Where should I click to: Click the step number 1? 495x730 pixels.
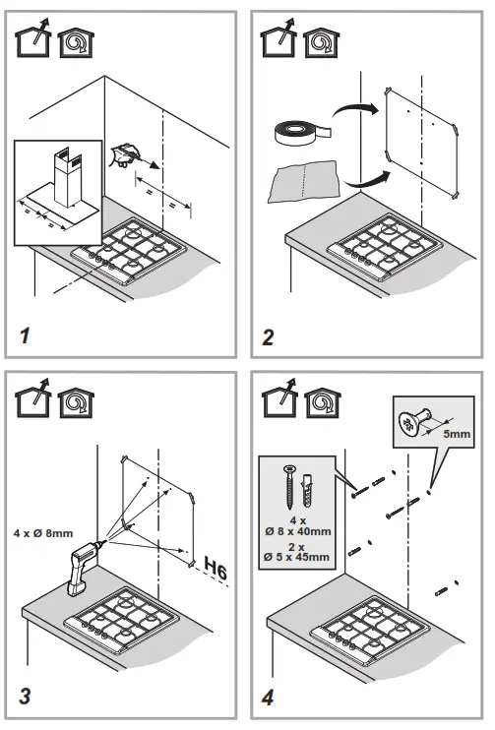tap(26, 335)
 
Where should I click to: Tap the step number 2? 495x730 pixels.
tap(269, 337)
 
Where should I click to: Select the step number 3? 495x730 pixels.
tap(26, 696)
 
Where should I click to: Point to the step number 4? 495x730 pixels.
tap(269, 698)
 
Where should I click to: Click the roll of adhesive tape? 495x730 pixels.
tap(303, 132)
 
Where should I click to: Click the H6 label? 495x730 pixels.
tap(216, 568)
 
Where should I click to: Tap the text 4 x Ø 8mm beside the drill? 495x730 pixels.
tap(43, 533)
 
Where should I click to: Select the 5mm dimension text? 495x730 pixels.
tap(457, 434)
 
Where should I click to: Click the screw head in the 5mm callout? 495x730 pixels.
tap(408, 424)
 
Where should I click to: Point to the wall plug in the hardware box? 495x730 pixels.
tap(307, 490)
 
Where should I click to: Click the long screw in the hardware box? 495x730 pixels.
tap(289, 487)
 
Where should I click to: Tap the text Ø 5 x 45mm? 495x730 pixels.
tap(296, 557)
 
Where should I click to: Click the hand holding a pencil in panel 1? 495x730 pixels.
tap(125, 154)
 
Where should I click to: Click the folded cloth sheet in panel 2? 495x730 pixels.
tap(305, 182)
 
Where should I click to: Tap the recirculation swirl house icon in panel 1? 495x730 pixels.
tap(76, 43)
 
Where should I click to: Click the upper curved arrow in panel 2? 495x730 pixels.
tap(355, 110)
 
